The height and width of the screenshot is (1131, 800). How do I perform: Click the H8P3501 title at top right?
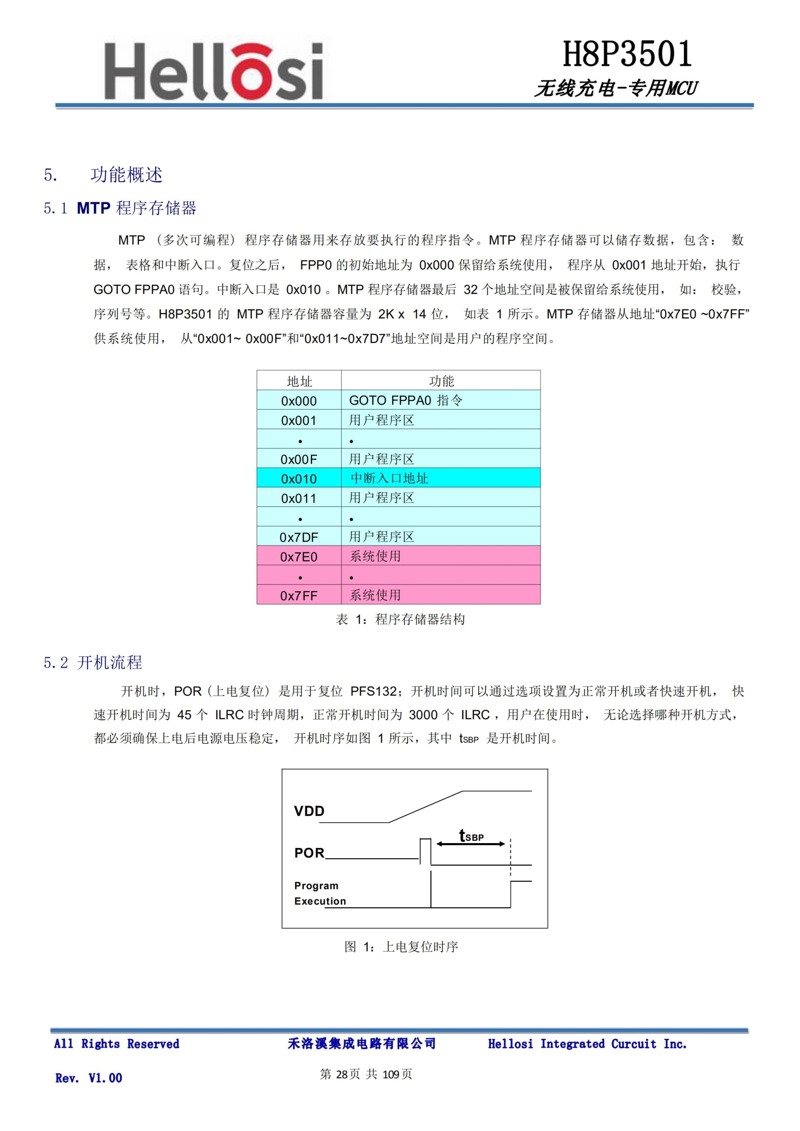(627, 54)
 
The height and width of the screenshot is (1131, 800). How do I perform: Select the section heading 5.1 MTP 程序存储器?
(120, 208)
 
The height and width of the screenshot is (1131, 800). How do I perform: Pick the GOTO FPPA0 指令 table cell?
(405, 400)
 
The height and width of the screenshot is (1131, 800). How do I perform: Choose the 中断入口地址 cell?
(389, 478)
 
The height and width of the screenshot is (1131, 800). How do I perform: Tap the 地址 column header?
(299, 381)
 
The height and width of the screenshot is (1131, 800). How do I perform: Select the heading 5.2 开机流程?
(92, 662)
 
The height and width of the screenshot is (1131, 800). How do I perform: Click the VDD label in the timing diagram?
(309, 811)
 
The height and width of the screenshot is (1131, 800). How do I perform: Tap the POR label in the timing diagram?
(309, 853)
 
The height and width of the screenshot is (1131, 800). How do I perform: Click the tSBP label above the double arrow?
(471, 836)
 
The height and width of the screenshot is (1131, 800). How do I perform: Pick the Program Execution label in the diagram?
(319, 893)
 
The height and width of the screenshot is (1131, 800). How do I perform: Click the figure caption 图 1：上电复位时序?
(401, 946)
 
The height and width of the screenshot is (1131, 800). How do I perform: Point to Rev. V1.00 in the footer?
(89, 1078)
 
